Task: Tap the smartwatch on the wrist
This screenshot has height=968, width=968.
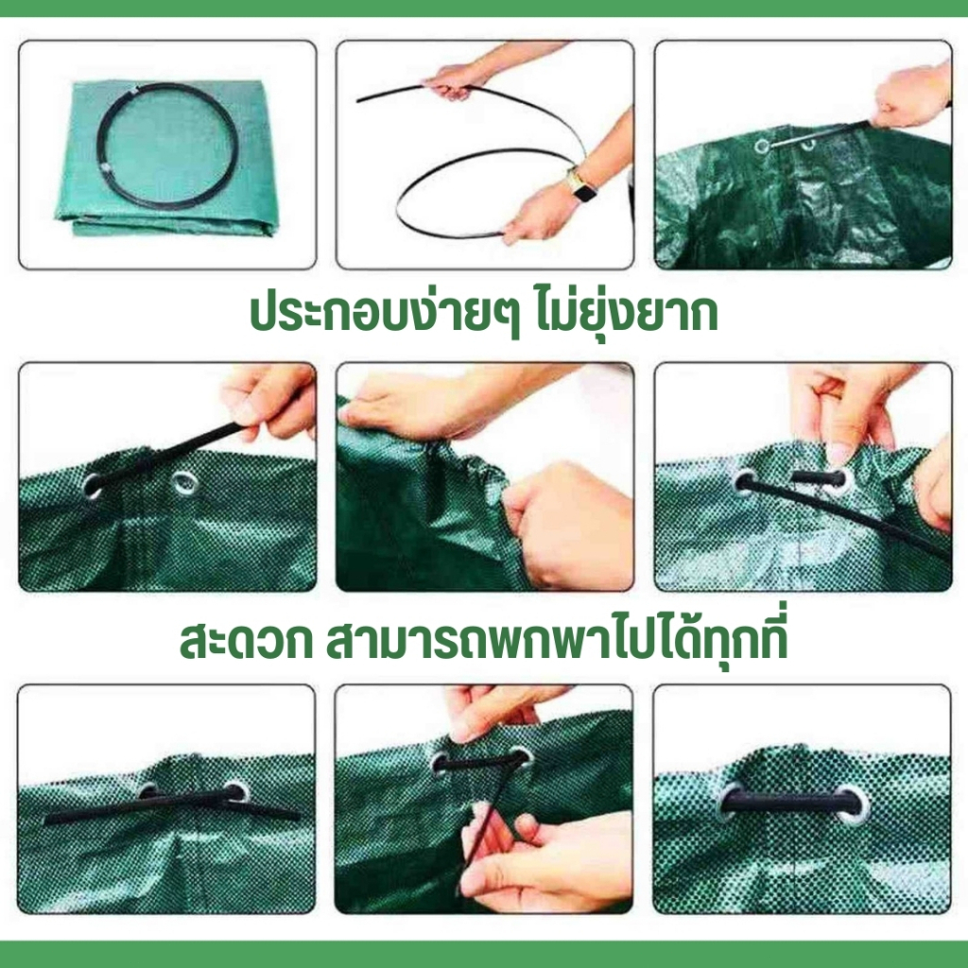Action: tap(581, 186)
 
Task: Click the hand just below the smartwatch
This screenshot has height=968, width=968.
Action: tap(537, 213)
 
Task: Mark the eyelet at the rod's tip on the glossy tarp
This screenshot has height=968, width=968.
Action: tap(763, 147)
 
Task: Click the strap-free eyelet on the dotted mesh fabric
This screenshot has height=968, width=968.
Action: tap(185, 483)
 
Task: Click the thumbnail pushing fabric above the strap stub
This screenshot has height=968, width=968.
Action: tap(839, 455)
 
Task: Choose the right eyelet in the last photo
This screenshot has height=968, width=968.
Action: tap(855, 804)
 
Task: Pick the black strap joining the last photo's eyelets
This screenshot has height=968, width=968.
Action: tap(791, 802)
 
